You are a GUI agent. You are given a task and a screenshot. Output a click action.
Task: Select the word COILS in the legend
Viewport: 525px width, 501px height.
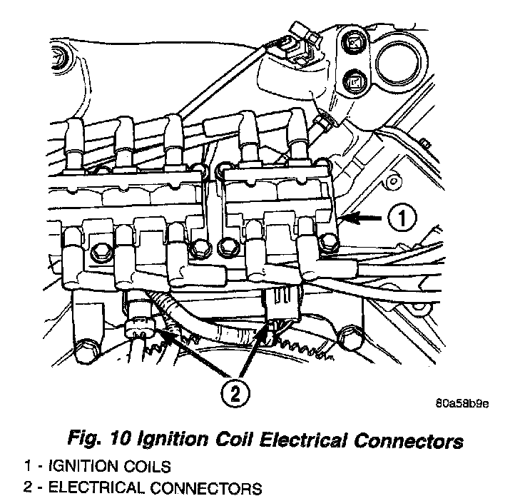pyautogui.click(x=146, y=467)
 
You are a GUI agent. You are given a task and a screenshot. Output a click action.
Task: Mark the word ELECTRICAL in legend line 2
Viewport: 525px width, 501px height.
pyautogui.click(x=97, y=489)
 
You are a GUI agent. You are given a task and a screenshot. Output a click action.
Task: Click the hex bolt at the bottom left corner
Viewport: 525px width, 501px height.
pyautogui.click(x=86, y=349)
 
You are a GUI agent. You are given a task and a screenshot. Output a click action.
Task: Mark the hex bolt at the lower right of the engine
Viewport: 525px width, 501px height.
pyautogui.click(x=350, y=335)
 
